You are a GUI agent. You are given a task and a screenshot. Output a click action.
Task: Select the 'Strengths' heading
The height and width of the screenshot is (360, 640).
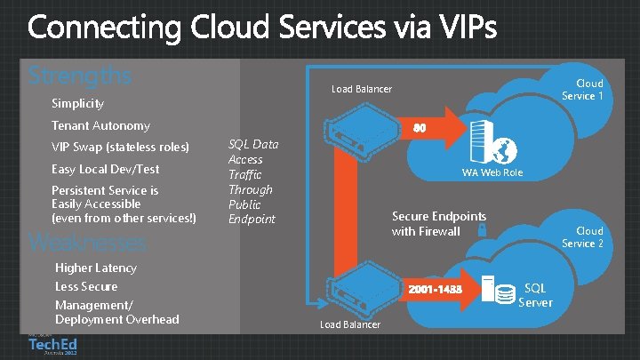(79, 75)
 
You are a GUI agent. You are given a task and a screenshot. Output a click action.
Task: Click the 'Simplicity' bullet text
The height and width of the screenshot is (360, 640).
(77, 104)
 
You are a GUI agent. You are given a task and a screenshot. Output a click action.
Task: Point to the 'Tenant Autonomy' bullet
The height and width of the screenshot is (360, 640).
(100, 126)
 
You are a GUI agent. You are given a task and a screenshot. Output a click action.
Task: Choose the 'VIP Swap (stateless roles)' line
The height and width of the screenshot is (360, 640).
(120, 147)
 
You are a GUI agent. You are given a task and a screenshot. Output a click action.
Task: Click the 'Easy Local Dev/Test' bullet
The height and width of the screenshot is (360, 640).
(105, 169)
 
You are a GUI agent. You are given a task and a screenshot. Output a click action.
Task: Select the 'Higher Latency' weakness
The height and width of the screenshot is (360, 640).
(96, 268)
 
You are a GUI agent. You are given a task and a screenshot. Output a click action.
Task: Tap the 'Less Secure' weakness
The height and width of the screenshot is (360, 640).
(86, 286)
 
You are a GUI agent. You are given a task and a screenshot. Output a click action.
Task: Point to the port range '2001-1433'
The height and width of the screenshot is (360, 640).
(435, 290)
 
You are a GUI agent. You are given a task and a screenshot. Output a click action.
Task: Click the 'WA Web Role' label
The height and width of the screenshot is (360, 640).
(491, 172)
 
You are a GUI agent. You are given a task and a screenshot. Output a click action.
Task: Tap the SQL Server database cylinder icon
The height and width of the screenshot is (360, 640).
(505, 292)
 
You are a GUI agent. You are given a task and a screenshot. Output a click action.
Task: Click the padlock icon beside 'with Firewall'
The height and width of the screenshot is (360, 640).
(480, 229)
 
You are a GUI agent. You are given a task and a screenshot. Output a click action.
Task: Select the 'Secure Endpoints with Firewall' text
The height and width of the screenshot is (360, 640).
(439, 224)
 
